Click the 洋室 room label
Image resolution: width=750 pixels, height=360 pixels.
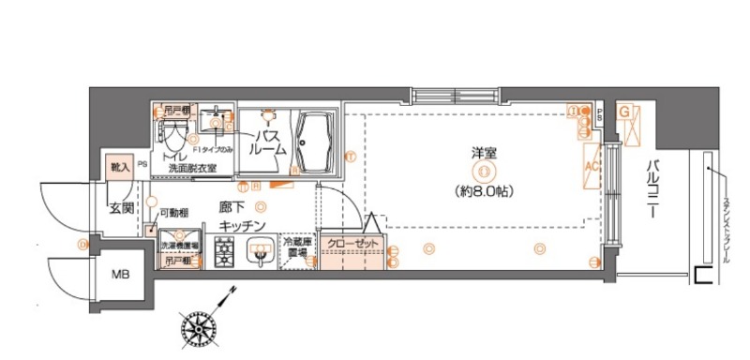[x=484, y=153]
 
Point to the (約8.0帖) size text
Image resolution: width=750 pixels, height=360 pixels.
[x=483, y=189]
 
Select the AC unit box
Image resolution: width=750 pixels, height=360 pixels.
[x=592, y=167]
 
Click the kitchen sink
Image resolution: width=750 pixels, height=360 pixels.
[x=260, y=252]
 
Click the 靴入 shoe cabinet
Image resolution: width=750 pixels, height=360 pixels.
[x=119, y=168]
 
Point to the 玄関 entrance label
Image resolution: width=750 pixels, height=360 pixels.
[x=121, y=207]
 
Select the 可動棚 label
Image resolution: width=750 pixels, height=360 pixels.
[x=174, y=213]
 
